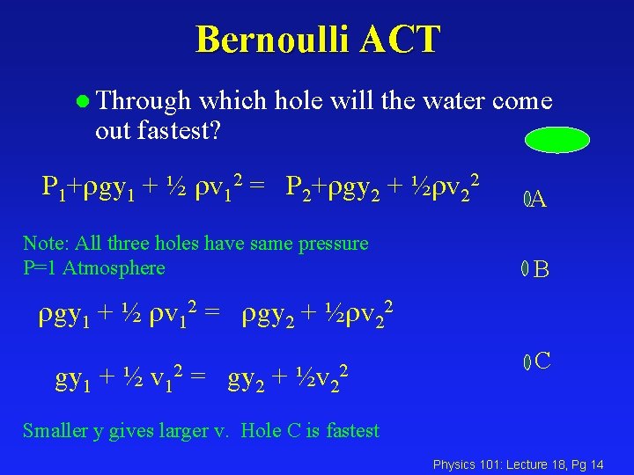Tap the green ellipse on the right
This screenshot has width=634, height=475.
(x=557, y=140)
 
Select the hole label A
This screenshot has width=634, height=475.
(x=540, y=201)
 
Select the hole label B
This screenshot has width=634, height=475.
(x=542, y=270)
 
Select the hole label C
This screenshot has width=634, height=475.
(x=542, y=360)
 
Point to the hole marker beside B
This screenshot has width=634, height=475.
(x=524, y=269)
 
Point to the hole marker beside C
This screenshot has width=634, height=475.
(x=526, y=361)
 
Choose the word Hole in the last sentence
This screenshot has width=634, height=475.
(x=261, y=430)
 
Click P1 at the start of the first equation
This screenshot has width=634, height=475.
(x=51, y=186)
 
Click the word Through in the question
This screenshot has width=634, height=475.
(x=143, y=101)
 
